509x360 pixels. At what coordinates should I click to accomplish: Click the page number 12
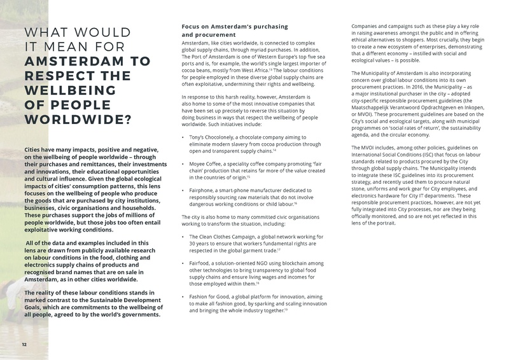pyautogui.click(x=24, y=344)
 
